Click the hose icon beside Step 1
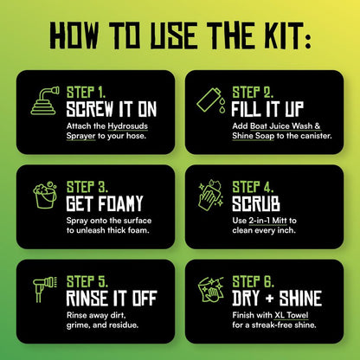(45, 100)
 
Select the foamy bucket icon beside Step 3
(45, 195)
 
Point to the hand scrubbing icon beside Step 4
(211, 195)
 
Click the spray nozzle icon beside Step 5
(45, 289)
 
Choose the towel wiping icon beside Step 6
(211, 290)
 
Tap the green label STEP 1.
(86, 93)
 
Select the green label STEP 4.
(253, 187)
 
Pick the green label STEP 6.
(253, 282)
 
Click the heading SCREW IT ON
(112, 109)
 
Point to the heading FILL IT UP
(267, 109)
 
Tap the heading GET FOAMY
(105, 204)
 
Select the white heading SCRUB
(256, 204)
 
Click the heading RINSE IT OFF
(112, 299)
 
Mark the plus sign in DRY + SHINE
(269, 299)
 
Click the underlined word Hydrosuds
(128, 126)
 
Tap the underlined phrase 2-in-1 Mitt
(268, 221)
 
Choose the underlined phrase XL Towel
(292, 315)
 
